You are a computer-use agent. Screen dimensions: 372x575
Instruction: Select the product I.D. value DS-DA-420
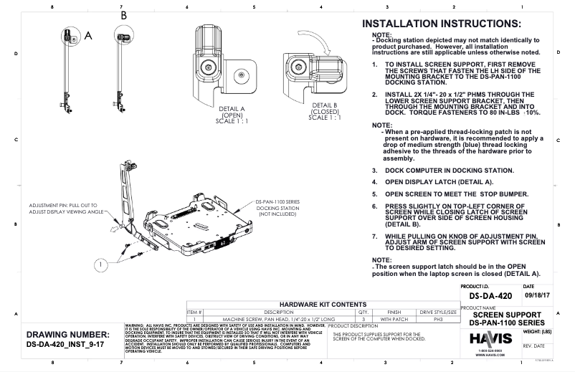[491, 295]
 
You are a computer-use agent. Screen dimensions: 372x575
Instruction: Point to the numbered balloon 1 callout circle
[103, 264]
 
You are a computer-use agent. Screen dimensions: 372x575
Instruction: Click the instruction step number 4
[374, 182]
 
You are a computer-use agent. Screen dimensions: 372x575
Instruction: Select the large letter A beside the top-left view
[89, 34]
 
